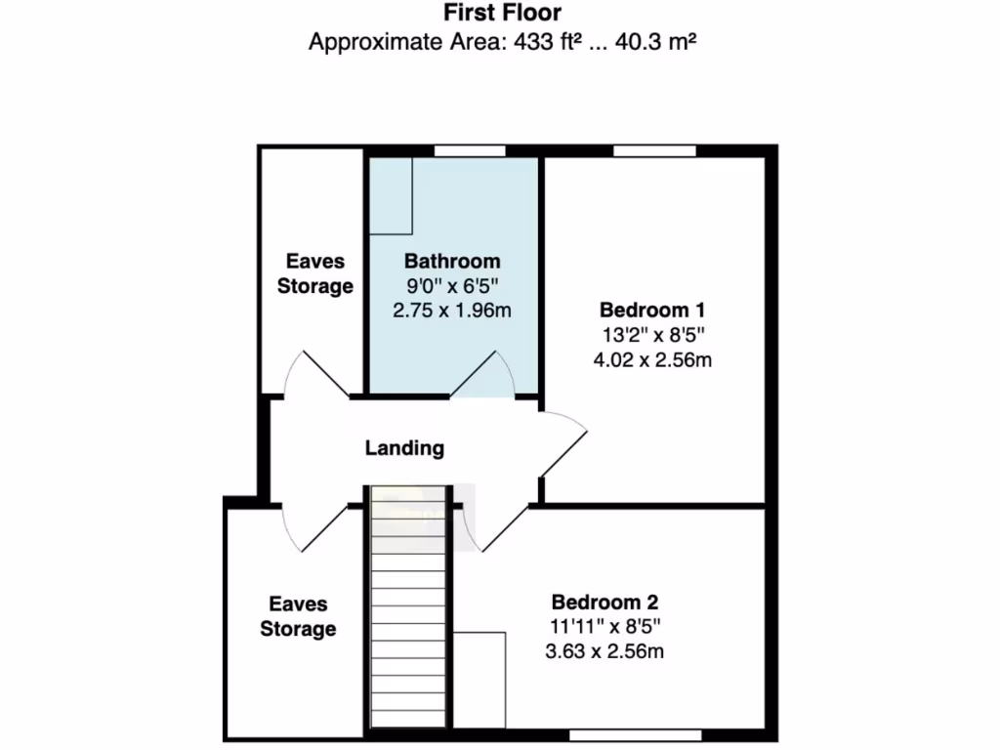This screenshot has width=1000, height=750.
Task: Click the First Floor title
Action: pos(502,14)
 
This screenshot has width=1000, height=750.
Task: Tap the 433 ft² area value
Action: pos(543,42)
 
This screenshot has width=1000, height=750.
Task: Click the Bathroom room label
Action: pos(452,262)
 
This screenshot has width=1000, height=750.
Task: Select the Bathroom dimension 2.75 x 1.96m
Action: pos(452,311)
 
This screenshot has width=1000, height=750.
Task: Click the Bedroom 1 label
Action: pos(652,311)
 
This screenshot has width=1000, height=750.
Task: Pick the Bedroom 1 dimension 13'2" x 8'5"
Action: pos(652,335)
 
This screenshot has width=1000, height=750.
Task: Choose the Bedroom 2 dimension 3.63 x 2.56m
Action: pos(604,650)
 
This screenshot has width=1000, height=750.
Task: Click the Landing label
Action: pos(404,448)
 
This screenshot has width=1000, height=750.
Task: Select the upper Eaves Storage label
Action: pos(314,274)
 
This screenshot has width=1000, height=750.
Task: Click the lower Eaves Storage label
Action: pos(298,617)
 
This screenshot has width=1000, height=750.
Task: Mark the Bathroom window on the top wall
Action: pos(470,150)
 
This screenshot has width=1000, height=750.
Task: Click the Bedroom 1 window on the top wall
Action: pos(654,150)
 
